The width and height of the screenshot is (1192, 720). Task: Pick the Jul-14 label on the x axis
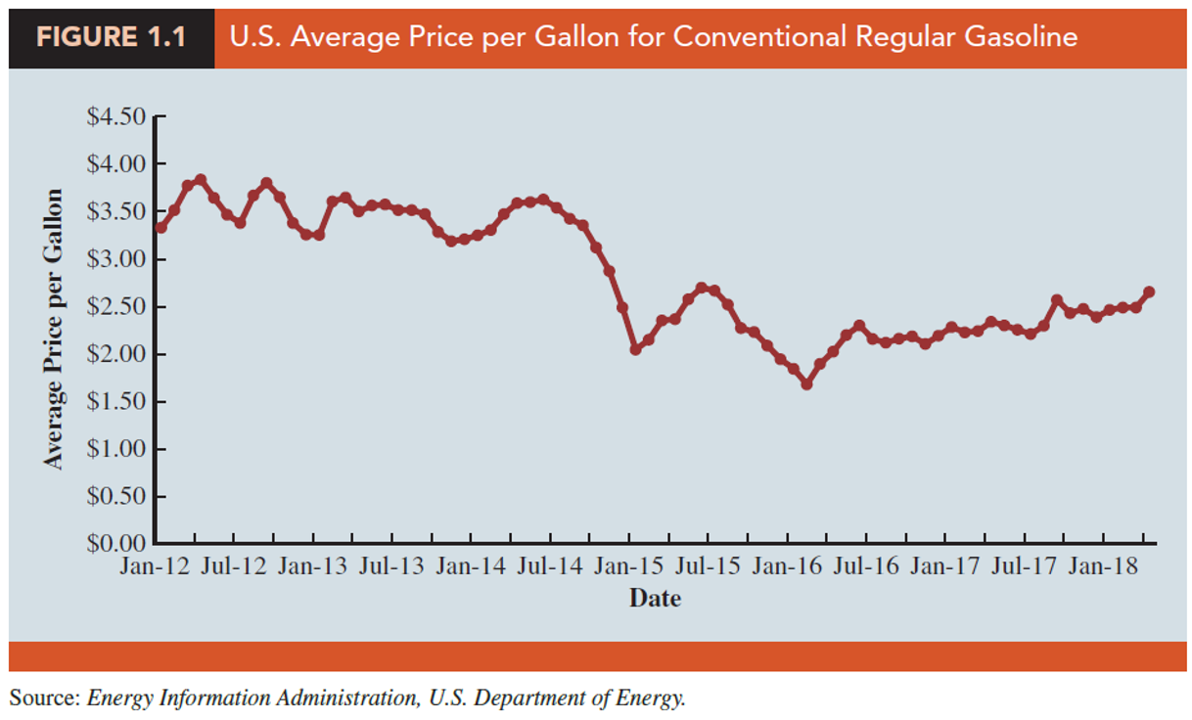point(548,568)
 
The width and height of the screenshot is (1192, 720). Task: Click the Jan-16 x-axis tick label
point(787,568)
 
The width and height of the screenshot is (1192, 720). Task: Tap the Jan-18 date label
point(1102,568)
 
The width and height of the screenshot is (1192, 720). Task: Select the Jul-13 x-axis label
point(390,568)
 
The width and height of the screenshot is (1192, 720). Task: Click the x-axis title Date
point(655,598)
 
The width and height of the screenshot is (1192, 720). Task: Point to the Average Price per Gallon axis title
point(55,329)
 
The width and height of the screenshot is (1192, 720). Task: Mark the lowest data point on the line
point(806,384)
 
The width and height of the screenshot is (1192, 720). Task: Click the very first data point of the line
point(160,228)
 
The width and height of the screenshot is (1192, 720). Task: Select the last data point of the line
point(1149,292)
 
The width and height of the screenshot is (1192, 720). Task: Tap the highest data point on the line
point(201,180)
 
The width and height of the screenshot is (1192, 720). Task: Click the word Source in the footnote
point(43,698)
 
